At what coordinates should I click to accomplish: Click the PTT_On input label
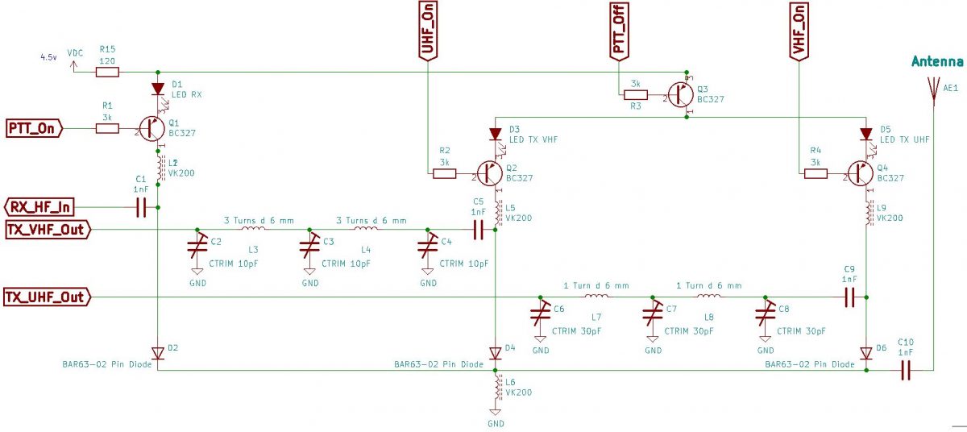coord(34,127)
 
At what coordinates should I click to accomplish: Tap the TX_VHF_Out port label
coord(48,230)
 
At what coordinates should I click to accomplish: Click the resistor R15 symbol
coord(107,72)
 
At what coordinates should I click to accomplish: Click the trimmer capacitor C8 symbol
coord(766,316)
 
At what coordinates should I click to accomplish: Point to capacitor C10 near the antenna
coord(905,370)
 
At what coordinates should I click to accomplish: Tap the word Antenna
coord(937,62)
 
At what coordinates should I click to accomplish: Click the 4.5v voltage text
coord(48,58)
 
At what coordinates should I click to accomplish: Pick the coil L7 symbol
coord(596,296)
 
